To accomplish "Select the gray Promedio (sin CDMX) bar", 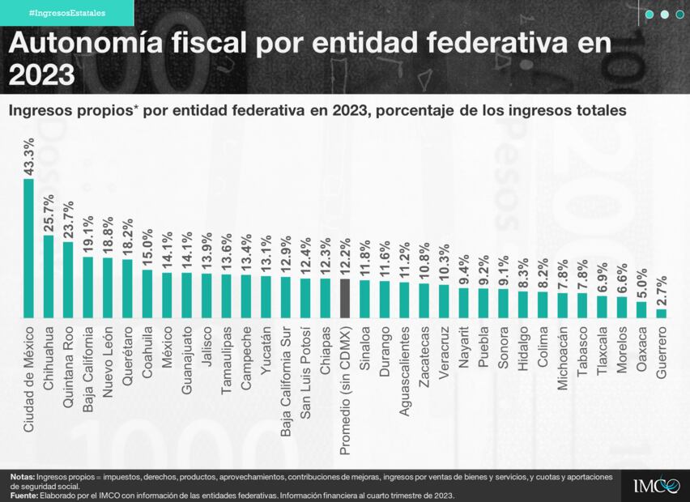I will [x=345, y=298].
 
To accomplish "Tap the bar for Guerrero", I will [x=662, y=313].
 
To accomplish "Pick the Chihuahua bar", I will [x=49, y=276].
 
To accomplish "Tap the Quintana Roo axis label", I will [x=69, y=359].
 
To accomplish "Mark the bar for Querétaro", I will [x=128, y=288].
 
